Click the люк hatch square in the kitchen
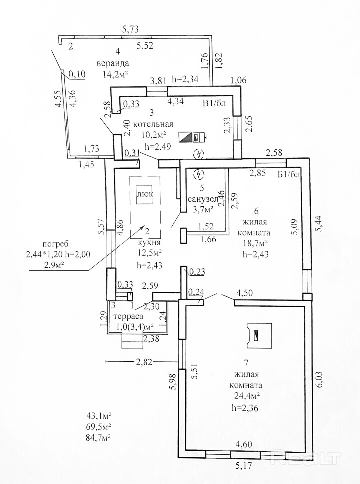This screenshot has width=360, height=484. [x=145, y=194]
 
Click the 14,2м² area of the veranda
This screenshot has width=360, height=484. [x=115, y=74]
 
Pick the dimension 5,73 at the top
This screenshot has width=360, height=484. [x=130, y=29]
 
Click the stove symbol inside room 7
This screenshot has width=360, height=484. [x=257, y=335]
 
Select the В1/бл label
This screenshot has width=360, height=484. [x=214, y=104]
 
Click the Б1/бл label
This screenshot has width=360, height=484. [x=289, y=174]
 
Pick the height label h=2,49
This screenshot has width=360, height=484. [x=157, y=146]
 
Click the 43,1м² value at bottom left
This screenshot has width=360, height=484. [x=99, y=415]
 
